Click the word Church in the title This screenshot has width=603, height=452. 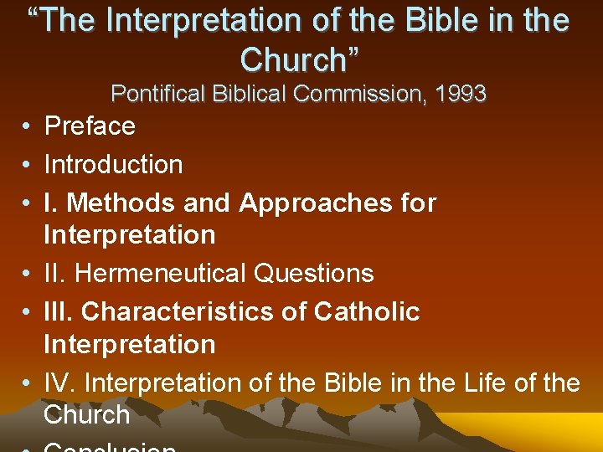[292, 59]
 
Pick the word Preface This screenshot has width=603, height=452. [90, 126]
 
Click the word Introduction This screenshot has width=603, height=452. [113, 165]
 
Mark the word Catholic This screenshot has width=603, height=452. [367, 311]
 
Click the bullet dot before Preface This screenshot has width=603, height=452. [28, 127]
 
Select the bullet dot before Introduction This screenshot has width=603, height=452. [28, 166]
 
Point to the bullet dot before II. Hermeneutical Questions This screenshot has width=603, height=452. [28, 274]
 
